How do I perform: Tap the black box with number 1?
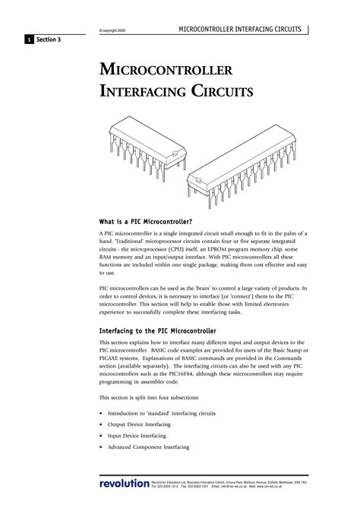[x=28, y=39]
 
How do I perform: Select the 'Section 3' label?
[x=48, y=39]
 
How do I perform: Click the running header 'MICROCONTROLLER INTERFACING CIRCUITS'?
[x=240, y=29]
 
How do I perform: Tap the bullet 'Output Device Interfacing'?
[x=139, y=424]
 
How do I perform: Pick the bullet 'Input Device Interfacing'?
[x=137, y=437]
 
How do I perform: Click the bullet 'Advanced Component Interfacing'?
[x=147, y=450]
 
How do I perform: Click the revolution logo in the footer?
[x=124, y=484]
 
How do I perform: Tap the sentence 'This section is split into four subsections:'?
[x=150, y=397]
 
